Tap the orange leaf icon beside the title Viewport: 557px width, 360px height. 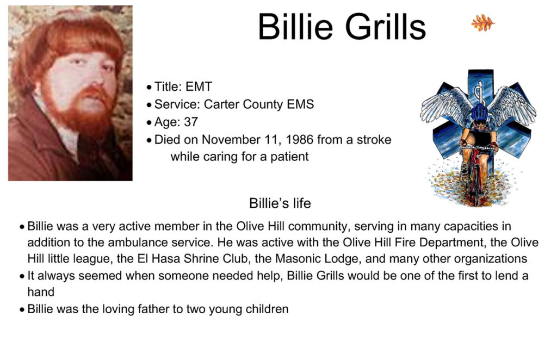click(x=483, y=23)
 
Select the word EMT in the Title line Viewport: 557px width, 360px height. click(x=199, y=86)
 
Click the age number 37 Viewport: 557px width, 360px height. click(x=191, y=122)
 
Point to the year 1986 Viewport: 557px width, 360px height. click(x=299, y=140)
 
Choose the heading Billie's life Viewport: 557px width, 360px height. click(x=280, y=203)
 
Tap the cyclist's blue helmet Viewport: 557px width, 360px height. click(x=480, y=113)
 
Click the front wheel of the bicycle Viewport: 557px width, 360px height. click(x=475, y=184)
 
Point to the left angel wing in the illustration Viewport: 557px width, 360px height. click(x=444, y=105)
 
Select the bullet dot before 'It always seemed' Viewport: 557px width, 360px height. click(x=22, y=276)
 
